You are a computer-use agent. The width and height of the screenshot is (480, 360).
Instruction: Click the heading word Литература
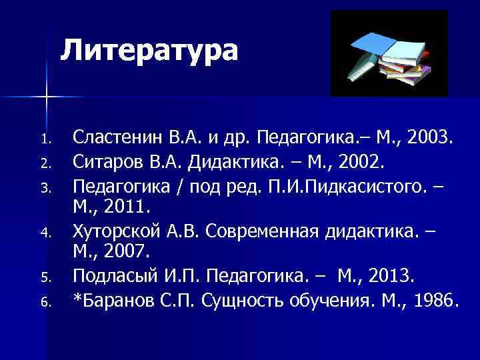click(x=150, y=51)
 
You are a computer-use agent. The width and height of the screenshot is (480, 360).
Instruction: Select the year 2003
click(x=431, y=139)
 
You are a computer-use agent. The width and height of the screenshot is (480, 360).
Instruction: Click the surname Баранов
click(x=120, y=299)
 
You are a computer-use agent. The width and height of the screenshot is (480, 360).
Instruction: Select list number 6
click(x=45, y=301)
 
